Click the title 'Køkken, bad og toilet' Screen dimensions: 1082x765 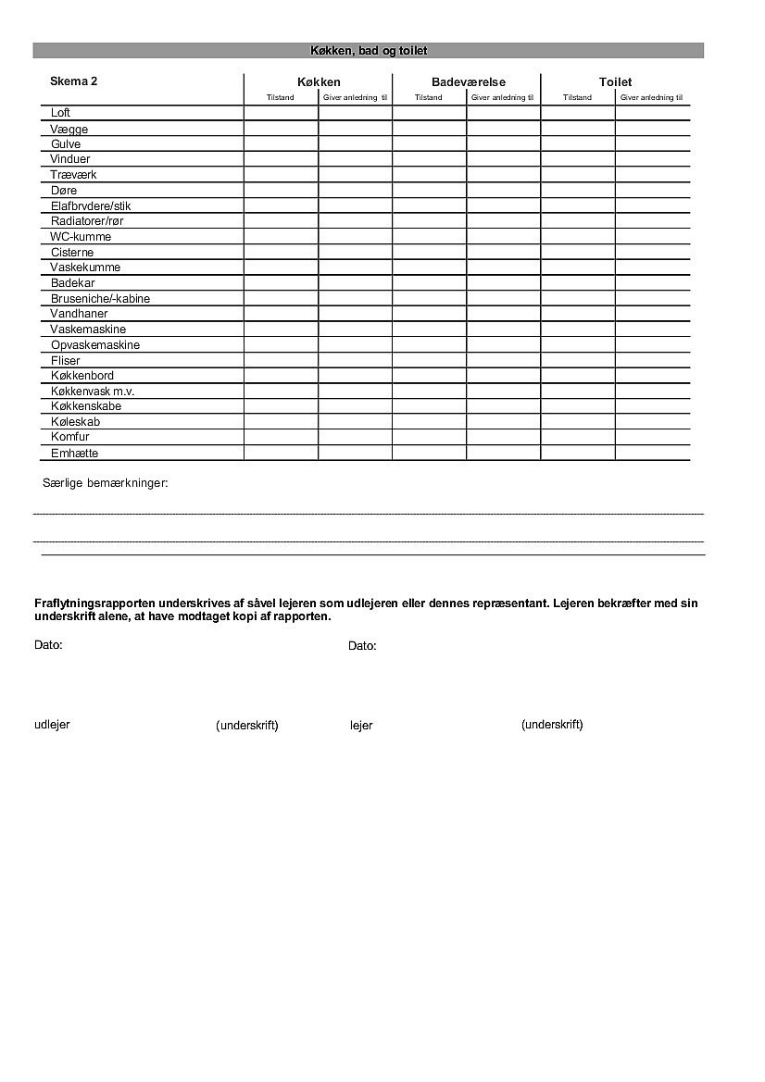coord(368,51)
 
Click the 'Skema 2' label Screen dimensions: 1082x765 coord(74,81)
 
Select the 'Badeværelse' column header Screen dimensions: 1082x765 coord(468,82)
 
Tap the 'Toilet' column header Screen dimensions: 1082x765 coord(615,82)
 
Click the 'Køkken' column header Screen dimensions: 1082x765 coord(319,82)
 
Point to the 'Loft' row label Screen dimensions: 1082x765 coord(60,113)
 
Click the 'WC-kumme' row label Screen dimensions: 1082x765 coord(81,237)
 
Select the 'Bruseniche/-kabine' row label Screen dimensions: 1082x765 coord(100,299)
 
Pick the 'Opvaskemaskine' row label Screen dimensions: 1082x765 coord(95,345)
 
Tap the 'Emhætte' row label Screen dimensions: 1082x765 coord(74,454)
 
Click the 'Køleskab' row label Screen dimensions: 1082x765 coord(75,422)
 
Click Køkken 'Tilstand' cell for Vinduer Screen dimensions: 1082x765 coord(281,159)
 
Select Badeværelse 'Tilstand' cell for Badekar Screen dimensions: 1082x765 coord(429,283)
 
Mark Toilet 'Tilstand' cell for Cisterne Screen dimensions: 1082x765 coord(578,253)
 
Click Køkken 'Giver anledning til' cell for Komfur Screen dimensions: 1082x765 coord(355,437)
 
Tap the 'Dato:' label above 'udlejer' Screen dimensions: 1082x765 coord(48,645)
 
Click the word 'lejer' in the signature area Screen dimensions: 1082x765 coord(361,726)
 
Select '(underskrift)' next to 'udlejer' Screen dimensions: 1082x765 coord(247,726)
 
